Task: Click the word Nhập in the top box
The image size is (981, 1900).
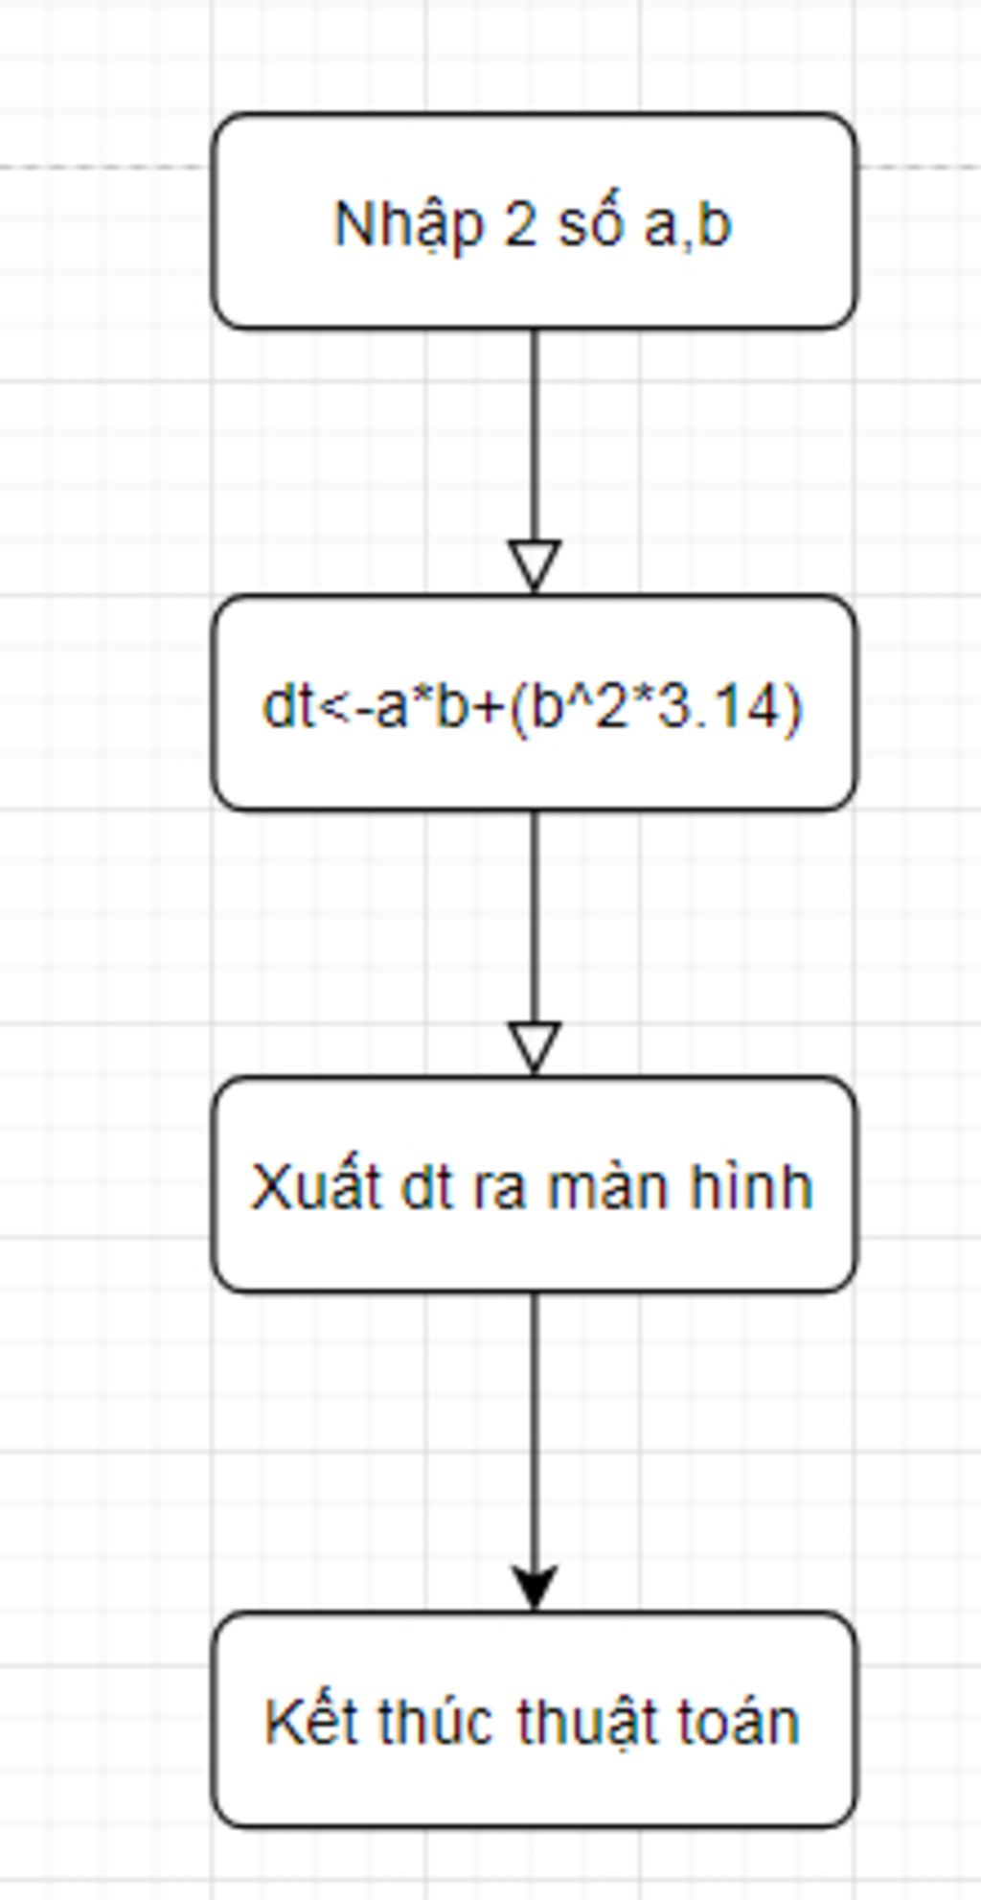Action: [408, 226]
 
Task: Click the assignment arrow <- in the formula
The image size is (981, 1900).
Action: [344, 709]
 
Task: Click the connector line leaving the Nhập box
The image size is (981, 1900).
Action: [535, 436]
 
